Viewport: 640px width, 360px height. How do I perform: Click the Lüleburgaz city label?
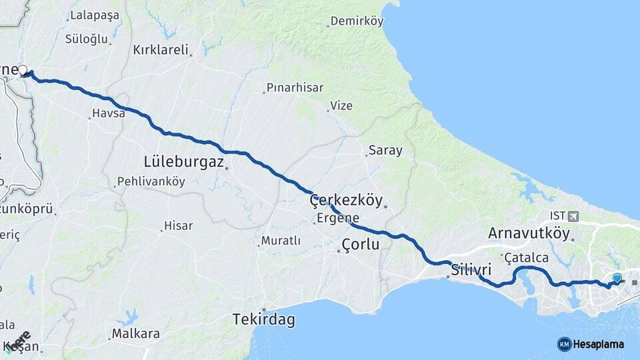pyautogui.click(x=183, y=161)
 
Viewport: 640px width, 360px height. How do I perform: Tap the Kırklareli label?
pyautogui.click(x=161, y=50)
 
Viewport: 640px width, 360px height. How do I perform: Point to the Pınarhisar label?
pyautogui.click(x=295, y=87)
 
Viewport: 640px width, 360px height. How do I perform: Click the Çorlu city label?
pyautogui.click(x=360, y=245)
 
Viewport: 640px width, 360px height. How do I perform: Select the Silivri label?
pyautogui.click(x=471, y=271)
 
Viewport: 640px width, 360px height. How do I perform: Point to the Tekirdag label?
pyautogui.click(x=263, y=320)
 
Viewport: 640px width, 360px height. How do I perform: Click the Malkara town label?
pyautogui.click(x=135, y=333)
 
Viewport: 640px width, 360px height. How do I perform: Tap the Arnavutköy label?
pyautogui.click(x=529, y=233)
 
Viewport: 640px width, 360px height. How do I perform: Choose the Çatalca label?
pyautogui.click(x=526, y=257)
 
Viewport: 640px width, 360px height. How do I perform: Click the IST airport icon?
pyautogui.click(x=574, y=216)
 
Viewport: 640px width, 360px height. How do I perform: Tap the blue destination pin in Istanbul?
pyautogui.click(x=617, y=279)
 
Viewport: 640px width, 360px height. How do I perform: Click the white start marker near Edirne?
pyautogui.click(x=23, y=70)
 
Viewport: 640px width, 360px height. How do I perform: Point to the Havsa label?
pyautogui.click(x=109, y=113)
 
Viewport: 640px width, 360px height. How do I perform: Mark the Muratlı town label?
pyautogui.click(x=281, y=241)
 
